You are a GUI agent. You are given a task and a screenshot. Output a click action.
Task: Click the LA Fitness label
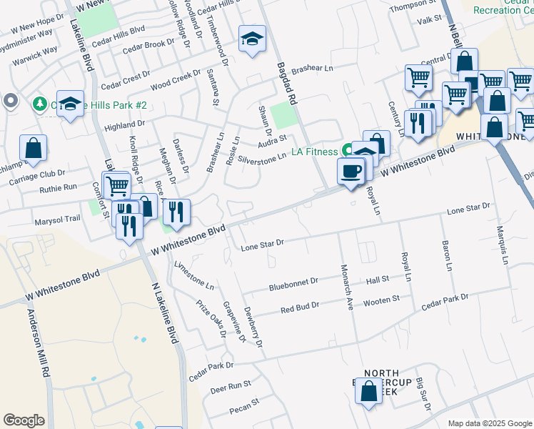(x=314, y=152)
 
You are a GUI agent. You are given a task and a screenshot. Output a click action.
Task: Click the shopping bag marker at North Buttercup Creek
(x=369, y=392)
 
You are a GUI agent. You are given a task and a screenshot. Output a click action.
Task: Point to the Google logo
(x=24, y=420)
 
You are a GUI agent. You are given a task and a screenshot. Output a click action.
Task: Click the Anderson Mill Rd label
(x=39, y=343)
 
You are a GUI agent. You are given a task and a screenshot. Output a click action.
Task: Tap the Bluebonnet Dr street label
(x=293, y=285)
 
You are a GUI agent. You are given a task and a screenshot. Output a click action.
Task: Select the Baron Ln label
(x=448, y=255)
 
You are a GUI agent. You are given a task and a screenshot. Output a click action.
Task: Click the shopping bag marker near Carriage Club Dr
(x=34, y=149)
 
